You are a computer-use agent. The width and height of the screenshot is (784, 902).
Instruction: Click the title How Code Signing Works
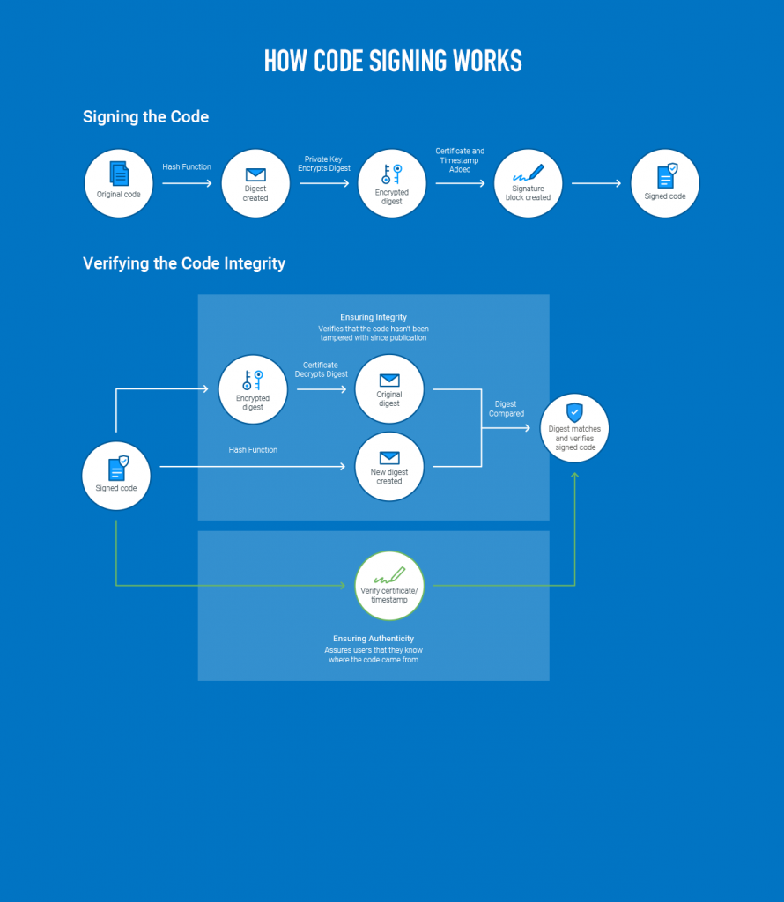[x=392, y=61]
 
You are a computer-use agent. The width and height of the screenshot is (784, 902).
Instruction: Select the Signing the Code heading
[x=145, y=116]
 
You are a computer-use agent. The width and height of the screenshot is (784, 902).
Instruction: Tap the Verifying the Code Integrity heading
[x=184, y=263]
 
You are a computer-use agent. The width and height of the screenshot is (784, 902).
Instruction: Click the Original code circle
[x=119, y=183]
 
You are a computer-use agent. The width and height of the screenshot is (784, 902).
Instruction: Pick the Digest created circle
[x=255, y=183]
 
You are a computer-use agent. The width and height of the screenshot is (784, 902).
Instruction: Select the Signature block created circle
[x=529, y=183]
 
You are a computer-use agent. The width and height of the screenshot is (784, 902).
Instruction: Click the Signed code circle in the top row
[x=665, y=183]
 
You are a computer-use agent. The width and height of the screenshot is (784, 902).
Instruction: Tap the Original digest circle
[x=389, y=388]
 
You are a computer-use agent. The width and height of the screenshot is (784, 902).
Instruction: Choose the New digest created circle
[x=389, y=467]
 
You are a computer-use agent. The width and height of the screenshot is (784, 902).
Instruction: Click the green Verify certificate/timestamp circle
[x=389, y=585]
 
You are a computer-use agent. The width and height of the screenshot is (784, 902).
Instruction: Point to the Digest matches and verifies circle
[x=574, y=429]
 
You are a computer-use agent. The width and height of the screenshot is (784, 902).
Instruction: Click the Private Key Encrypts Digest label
[x=324, y=164]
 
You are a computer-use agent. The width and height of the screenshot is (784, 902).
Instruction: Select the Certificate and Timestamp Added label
[x=460, y=160]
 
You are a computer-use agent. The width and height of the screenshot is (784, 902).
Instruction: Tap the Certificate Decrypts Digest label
[x=322, y=370]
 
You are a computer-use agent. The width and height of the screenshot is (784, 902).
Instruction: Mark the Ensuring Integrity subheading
[x=374, y=317]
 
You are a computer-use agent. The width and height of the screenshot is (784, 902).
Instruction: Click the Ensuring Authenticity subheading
[x=374, y=639]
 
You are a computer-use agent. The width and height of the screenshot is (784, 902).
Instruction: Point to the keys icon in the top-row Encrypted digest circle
[x=391, y=174]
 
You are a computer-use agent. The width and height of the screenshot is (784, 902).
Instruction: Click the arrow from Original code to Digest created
[x=187, y=183]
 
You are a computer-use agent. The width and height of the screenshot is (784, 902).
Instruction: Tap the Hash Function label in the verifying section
[x=253, y=450]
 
